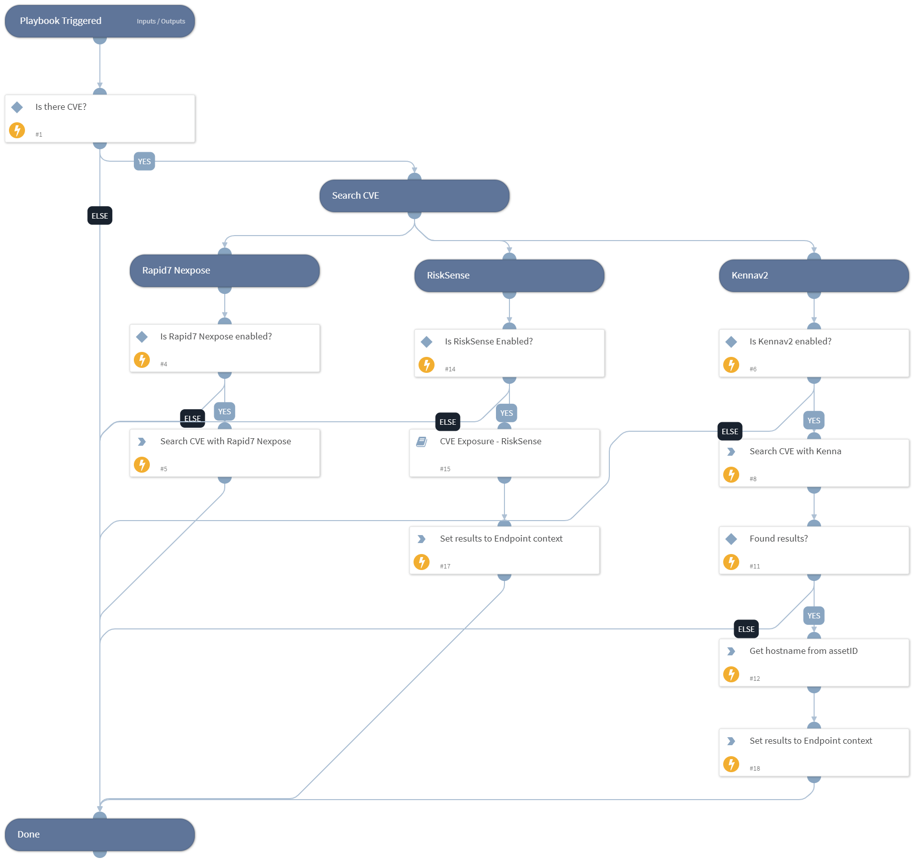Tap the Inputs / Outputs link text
161,21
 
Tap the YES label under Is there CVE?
144,161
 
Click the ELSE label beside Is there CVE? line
100,216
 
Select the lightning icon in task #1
17,130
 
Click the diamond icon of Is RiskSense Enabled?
427,342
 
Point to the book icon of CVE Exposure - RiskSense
422,442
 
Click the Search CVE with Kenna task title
795,451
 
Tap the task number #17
445,566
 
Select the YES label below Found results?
814,615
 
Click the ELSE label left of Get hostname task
746,629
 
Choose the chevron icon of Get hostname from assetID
731,651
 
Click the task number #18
755,768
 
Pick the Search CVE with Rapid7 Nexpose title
225,441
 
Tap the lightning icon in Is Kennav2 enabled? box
731,365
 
